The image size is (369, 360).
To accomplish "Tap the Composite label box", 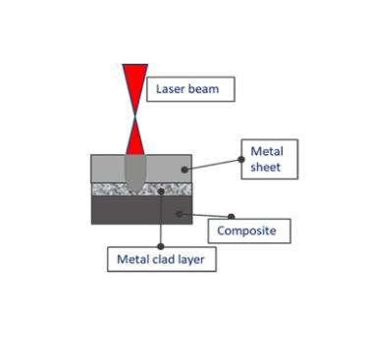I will click(250, 231).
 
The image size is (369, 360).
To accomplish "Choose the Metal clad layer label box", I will click(161, 260).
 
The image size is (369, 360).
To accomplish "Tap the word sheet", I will click(266, 167).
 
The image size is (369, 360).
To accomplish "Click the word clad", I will click(162, 260).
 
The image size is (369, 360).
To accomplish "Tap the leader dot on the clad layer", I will click(160, 189).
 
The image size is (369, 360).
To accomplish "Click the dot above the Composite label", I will click(232, 216).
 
